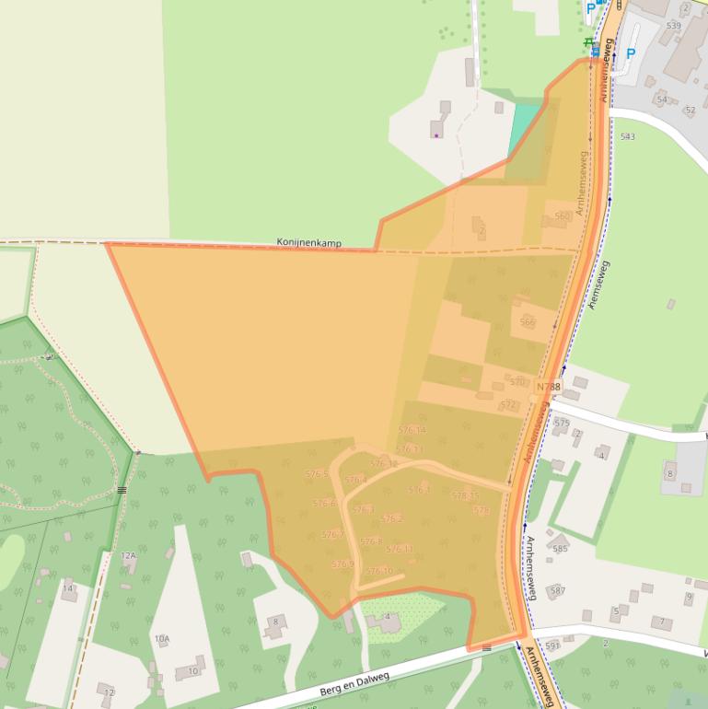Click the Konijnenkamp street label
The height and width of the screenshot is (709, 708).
click(309, 243)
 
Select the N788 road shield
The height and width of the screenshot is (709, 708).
click(548, 387)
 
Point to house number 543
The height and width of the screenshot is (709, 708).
click(627, 136)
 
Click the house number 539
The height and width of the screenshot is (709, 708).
click(673, 25)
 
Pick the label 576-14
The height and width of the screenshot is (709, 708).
click(412, 430)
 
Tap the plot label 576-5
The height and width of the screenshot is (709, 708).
click(318, 473)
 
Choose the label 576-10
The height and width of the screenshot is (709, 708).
click(379, 571)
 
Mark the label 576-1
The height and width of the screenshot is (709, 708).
click(419, 490)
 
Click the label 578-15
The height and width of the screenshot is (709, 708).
click(465, 495)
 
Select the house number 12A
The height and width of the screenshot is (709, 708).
click(128, 556)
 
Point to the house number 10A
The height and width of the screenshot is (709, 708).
click(162, 638)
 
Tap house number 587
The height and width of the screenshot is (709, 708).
click(557, 590)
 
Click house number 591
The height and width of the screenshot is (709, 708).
click(552, 645)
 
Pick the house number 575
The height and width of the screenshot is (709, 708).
click(562, 423)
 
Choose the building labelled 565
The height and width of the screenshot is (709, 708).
click(528, 322)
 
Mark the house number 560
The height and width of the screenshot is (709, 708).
click(562, 216)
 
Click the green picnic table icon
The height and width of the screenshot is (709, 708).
click(587, 41)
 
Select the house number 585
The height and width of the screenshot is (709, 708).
click(560, 549)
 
